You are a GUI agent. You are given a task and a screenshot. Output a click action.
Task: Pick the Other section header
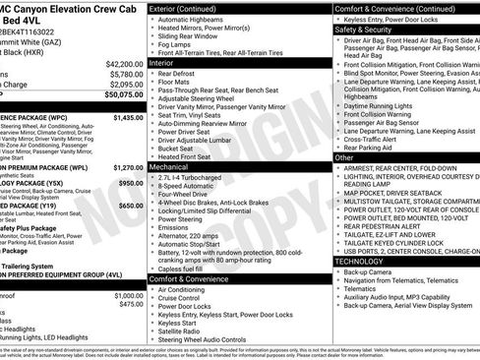click(345, 156)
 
